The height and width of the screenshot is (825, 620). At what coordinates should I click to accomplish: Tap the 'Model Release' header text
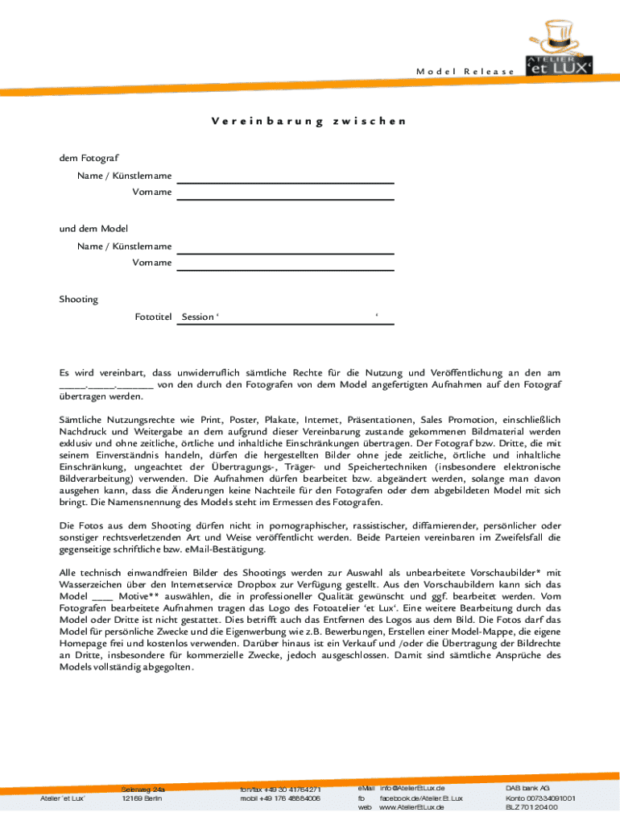tap(465, 72)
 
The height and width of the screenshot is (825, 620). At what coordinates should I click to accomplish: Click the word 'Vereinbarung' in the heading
tap(265, 122)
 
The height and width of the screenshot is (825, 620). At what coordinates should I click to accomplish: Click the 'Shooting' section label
tap(78, 300)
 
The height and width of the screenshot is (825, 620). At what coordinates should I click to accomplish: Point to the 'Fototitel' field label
tap(154, 317)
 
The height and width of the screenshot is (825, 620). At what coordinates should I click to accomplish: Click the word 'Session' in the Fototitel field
tap(198, 317)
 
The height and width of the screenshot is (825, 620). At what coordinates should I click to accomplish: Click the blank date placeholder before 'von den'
tap(105, 385)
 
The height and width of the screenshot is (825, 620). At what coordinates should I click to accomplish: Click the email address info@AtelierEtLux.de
tap(412, 787)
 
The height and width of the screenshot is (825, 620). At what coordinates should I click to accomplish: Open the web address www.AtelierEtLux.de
tap(411, 807)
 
